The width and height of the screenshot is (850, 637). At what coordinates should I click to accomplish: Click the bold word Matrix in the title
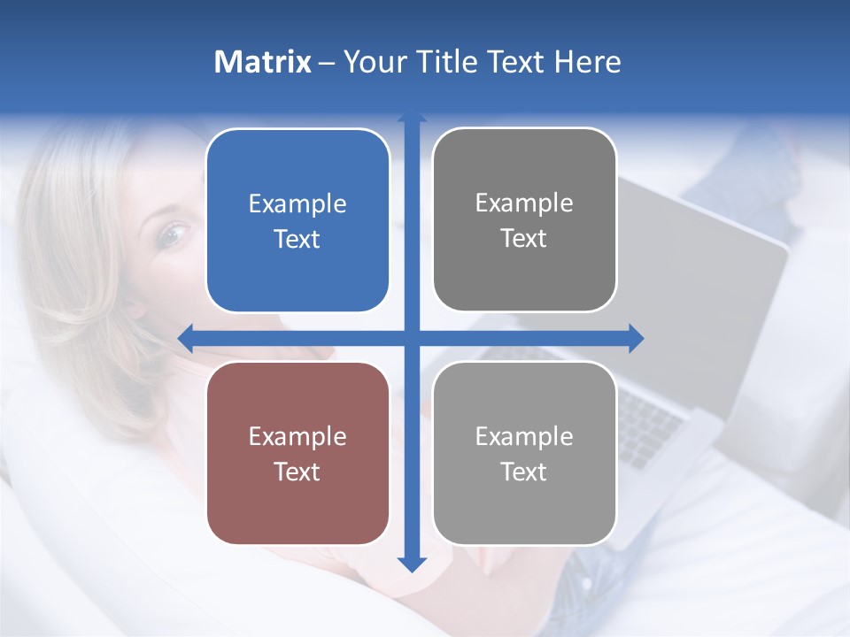pyautogui.click(x=263, y=62)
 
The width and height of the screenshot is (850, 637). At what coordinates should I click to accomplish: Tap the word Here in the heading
pyautogui.click(x=587, y=62)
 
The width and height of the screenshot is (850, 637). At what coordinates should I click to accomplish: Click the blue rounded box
pyautogui.click(x=297, y=220)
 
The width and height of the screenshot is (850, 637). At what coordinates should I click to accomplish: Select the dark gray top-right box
pyautogui.click(x=524, y=220)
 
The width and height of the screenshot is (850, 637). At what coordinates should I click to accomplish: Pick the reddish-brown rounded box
pyautogui.click(x=297, y=453)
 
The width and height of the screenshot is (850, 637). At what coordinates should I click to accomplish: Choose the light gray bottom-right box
pyautogui.click(x=524, y=453)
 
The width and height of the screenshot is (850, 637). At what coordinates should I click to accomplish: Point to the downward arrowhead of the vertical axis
pyautogui.click(x=412, y=564)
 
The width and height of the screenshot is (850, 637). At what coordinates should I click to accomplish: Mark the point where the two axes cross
pyautogui.click(x=412, y=338)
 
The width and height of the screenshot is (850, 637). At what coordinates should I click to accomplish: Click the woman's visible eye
pyautogui.click(x=174, y=234)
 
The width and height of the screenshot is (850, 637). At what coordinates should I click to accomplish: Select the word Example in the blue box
pyautogui.click(x=297, y=203)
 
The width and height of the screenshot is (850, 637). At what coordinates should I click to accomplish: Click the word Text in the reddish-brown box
pyautogui.click(x=297, y=472)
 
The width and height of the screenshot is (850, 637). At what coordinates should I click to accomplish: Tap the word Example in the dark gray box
pyautogui.click(x=524, y=203)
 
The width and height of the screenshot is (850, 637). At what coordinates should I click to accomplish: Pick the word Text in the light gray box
pyautogui.click(x=524, y=472)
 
